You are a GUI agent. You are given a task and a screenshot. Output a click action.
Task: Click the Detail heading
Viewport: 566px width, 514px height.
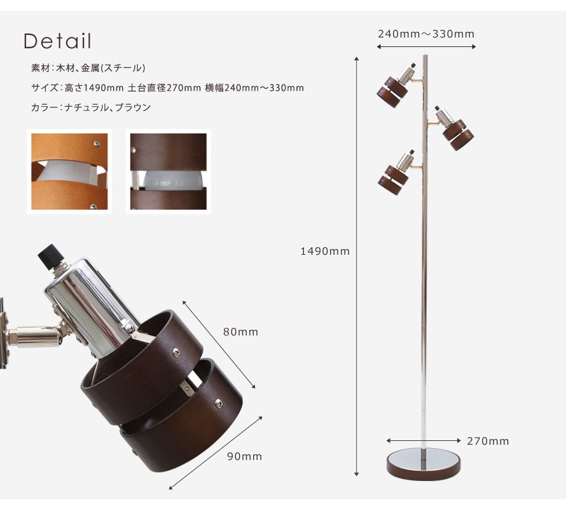point(57,41)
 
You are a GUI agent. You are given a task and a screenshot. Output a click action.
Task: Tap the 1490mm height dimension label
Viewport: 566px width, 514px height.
point(325,251)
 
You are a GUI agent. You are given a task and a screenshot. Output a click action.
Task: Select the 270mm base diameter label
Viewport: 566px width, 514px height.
point(488,441)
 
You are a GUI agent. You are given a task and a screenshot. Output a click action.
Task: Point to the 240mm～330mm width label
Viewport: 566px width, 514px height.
point(426,34)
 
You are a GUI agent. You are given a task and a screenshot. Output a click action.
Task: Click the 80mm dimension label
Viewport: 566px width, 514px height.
point(240,332)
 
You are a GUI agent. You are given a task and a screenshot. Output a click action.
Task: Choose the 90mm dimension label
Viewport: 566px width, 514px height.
point(244,456)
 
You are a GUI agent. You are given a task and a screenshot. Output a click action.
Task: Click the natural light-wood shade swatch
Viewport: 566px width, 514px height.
point(69,172)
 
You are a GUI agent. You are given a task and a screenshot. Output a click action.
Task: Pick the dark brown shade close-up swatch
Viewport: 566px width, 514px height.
point(169,172)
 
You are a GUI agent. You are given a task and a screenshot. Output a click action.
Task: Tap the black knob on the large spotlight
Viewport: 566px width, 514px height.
point(52,257)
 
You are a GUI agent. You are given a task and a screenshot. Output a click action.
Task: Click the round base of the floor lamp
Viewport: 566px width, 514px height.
point(424,464)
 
